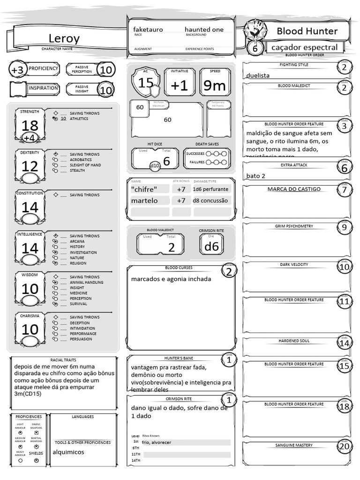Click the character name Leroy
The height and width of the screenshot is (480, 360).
click(x=64, y=38)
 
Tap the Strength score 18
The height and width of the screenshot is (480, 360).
click(x=30, y=125)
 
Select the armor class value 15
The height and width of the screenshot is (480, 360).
click(x=146, y=83)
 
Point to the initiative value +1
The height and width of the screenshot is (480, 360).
click(x=180, y=86)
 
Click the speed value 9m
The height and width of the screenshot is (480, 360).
click(x=215, y=86)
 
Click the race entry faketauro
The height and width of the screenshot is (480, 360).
click(x=148, y=30)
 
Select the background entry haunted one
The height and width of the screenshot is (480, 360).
click(x=204, y=30)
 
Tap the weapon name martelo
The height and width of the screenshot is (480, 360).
click(x=144, y=201)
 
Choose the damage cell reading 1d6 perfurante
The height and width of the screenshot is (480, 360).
click(x=211, y=189)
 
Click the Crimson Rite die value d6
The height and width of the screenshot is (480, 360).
click(x=212, y=247)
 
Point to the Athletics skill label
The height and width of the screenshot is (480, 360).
click(x=79, y=119)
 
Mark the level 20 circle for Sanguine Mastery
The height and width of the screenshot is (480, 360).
click(x=345, y=447)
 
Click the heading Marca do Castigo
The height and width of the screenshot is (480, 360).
click(x=294, y=189)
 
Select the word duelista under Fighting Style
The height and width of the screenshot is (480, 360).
click(x=258, y=75)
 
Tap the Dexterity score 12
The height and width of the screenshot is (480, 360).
click(x=30, y=166)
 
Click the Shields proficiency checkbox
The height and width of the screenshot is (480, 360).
click(x=37, y=460)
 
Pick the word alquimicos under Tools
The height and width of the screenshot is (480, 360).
click(x=68, y=452)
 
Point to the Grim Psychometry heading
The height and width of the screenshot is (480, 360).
click(x=294, y=226)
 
